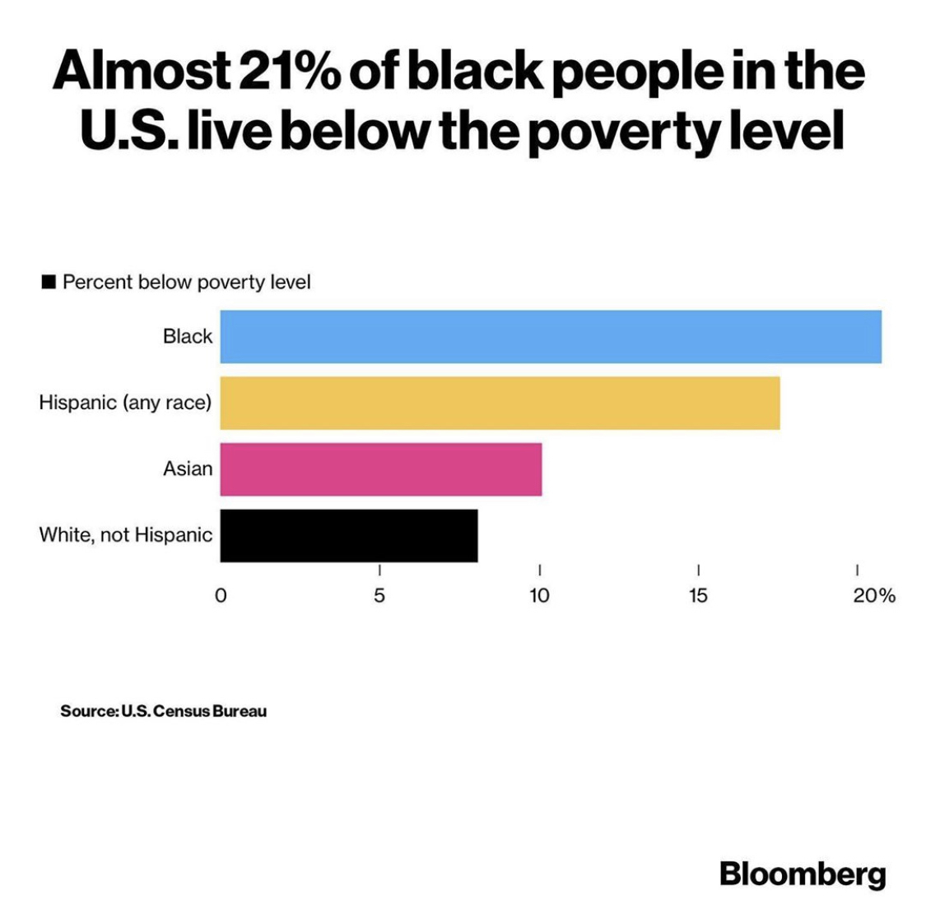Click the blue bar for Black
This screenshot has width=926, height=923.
550,337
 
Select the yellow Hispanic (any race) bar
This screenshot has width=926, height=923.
500,403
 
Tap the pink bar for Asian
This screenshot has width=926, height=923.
380,469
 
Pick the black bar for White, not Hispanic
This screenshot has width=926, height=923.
348,535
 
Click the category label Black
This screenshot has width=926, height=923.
188,337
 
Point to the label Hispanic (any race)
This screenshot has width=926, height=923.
125,403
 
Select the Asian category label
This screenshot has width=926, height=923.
188,469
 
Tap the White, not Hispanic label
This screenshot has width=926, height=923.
125,535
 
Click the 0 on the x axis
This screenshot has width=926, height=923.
220,595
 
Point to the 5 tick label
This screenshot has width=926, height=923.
379,595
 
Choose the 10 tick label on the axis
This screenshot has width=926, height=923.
539,595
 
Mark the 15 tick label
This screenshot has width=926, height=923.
698,595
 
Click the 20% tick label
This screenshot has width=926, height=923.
873,595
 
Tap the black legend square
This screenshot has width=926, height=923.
49,282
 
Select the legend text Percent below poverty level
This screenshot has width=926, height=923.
187,282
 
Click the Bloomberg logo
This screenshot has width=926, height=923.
803,874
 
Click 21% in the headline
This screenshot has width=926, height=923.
287,72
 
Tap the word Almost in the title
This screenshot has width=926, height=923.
141,72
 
